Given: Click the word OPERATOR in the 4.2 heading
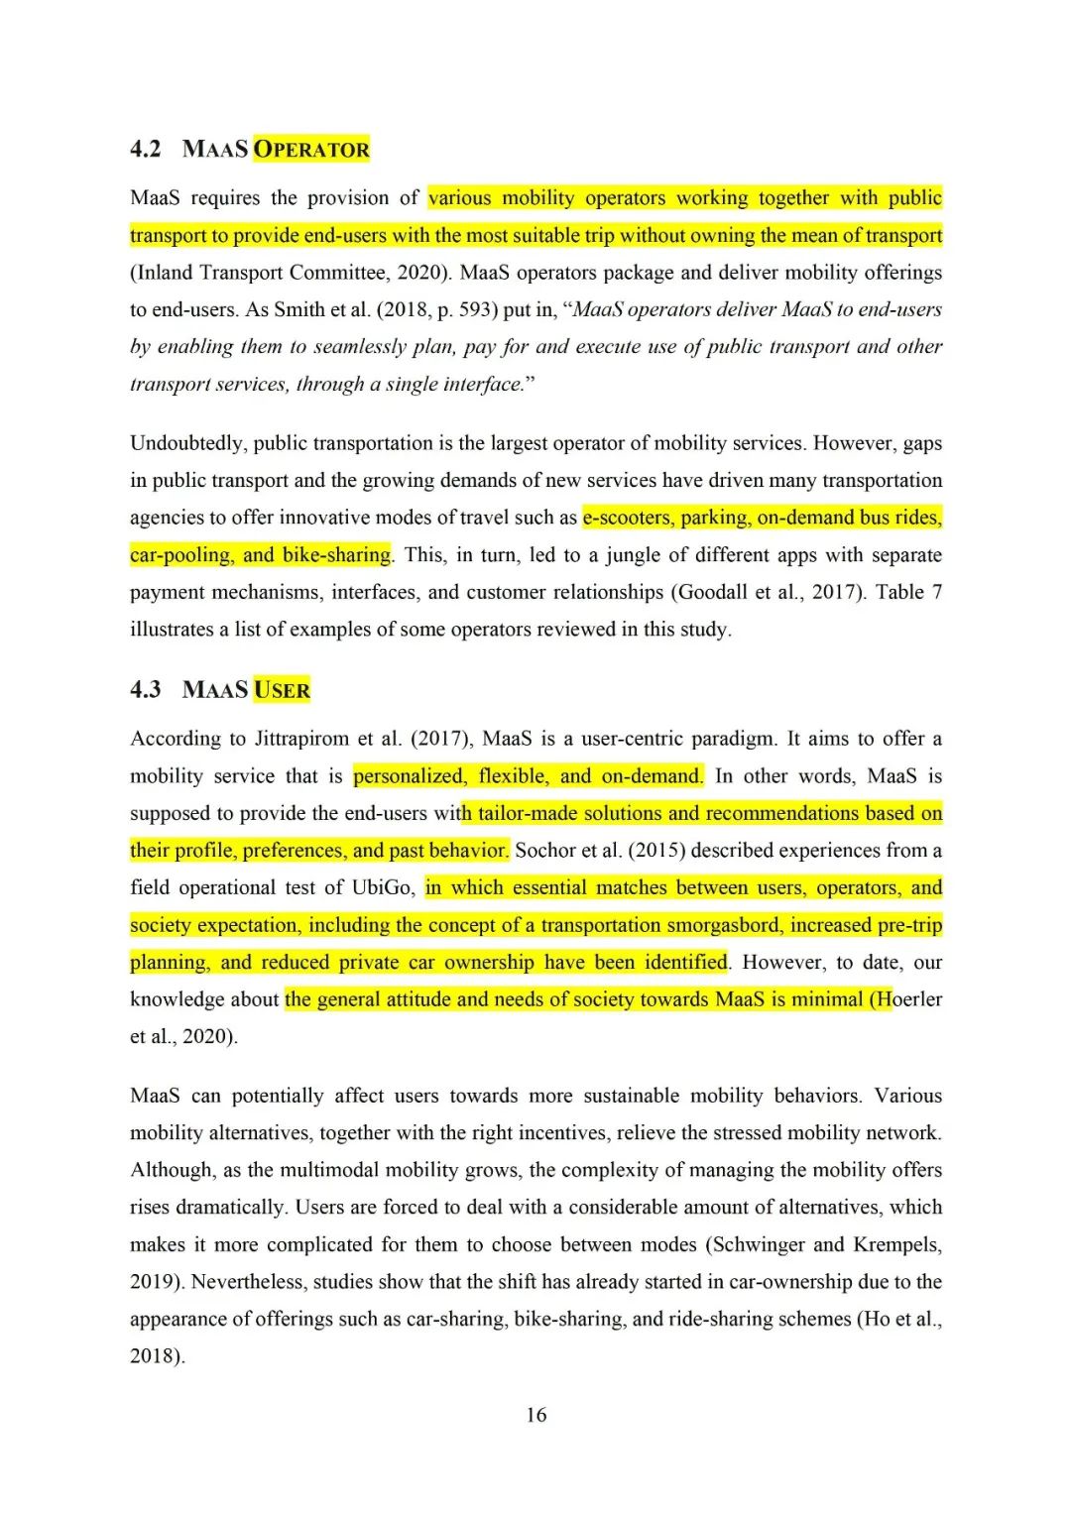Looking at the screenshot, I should (311, 150).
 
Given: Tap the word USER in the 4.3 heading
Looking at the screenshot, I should (282, 690).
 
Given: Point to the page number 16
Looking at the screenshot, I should (535, 1415).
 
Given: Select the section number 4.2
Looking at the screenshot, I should (145, 150).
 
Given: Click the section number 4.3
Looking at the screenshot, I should (145, 690).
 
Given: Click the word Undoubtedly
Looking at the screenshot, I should (185, 443).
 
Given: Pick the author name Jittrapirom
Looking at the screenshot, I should (301, 739).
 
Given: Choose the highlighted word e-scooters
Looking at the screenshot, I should (627, 518).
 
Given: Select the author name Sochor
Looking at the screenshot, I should (546, 851).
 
